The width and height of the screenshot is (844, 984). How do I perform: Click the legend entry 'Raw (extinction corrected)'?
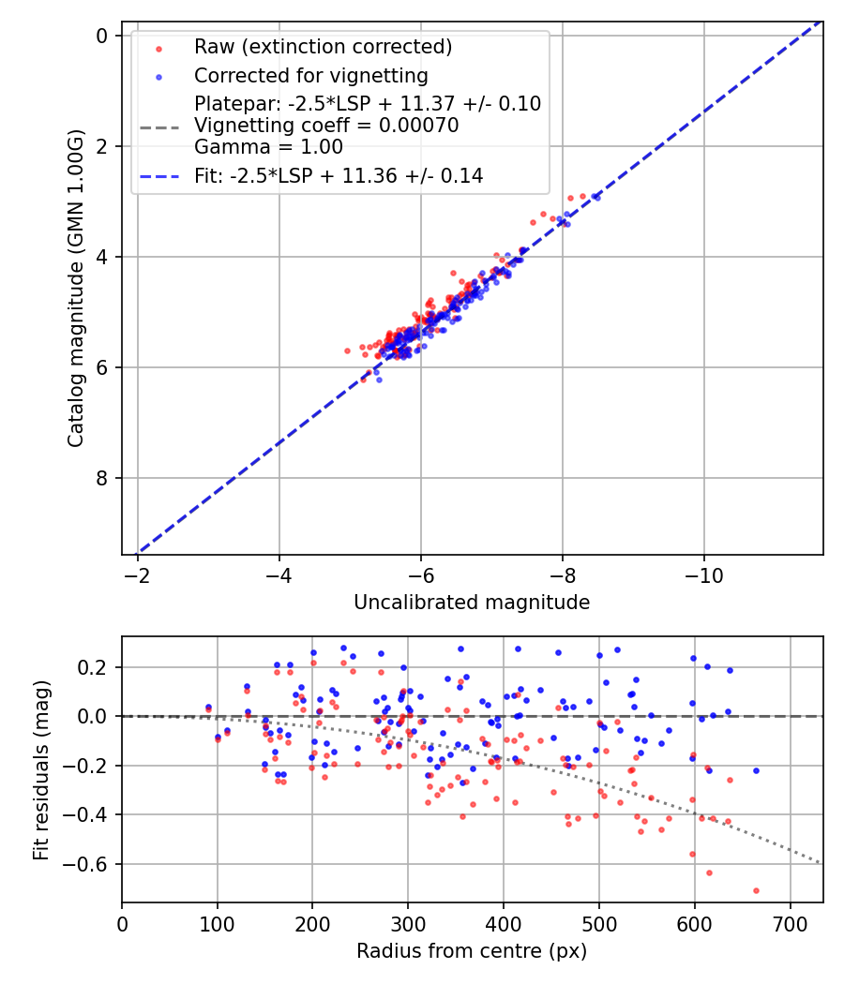click(323, 47)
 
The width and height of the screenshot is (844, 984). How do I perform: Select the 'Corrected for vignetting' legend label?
click(310, 76)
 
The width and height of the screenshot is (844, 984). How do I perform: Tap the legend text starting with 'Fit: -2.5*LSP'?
click(339, 175)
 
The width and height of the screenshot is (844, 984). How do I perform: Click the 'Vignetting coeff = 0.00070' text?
click(326, 126)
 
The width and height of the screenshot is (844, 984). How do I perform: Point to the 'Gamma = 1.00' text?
click(268, 147)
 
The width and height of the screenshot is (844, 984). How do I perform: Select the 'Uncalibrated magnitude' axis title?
click(472, 603)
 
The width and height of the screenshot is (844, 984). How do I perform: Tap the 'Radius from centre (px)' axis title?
click(472, 951)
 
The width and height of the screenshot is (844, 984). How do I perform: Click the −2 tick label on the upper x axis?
click(138, 575)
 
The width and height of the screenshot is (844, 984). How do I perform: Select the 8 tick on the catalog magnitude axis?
click(102, 478)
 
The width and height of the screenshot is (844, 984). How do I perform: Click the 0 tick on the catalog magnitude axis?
click(102, 36)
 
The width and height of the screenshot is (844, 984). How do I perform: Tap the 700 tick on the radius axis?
click(790, 923)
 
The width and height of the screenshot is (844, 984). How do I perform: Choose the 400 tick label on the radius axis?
click(504, 923)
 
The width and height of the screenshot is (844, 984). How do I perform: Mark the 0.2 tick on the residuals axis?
click(94, 667)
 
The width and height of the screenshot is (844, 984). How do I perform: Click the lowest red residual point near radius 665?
click(756, 890)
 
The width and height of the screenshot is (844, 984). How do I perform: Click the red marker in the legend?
click(159, 48)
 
